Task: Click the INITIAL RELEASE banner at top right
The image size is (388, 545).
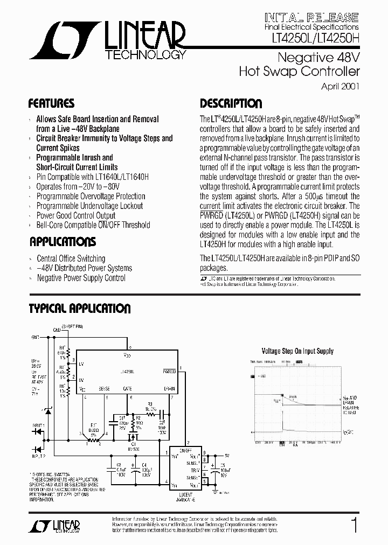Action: point(311,17)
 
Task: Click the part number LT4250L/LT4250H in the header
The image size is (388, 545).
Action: point(311,37)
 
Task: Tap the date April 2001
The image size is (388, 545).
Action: point(340,86)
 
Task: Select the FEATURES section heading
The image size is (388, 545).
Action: point(51,103)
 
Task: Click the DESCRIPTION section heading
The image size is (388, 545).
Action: point(231,104)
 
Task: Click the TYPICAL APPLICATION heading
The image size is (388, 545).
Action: point(79,309)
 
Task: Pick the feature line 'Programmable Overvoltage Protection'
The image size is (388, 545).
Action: point(91,196)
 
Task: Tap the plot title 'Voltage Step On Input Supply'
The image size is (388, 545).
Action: point(297,351)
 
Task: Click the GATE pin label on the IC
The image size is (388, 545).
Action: point(128,388)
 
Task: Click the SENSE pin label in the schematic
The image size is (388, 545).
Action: point(105,388)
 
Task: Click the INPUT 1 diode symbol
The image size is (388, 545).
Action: point(38,431)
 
